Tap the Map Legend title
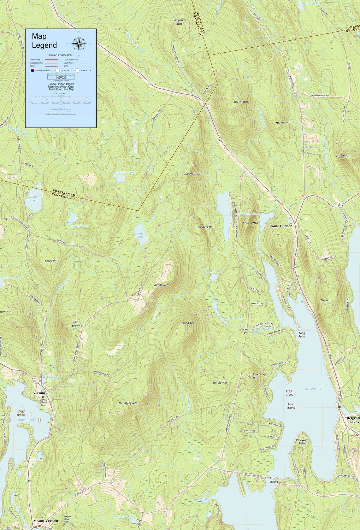click(x=44, y=41)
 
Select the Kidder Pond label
click(x=140, y=235)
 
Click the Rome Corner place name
click(x=281, y=226)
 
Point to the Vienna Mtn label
click(x=161, y=284)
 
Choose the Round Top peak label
click(x=187, y=323)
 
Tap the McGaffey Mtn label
click(x=128, y=403)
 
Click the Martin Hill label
click(x=241, y=102)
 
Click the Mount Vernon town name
click(x=46, y=521)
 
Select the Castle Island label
click(x=274, y=479)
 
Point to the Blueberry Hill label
click(x=259, y=376)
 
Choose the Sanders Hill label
click(x=206, y=227)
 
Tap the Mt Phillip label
click(x=342, y=155)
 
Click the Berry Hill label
click(x=51, y=261)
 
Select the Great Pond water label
click(x=313, y=389)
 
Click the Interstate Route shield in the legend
click(x=33, y=71)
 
